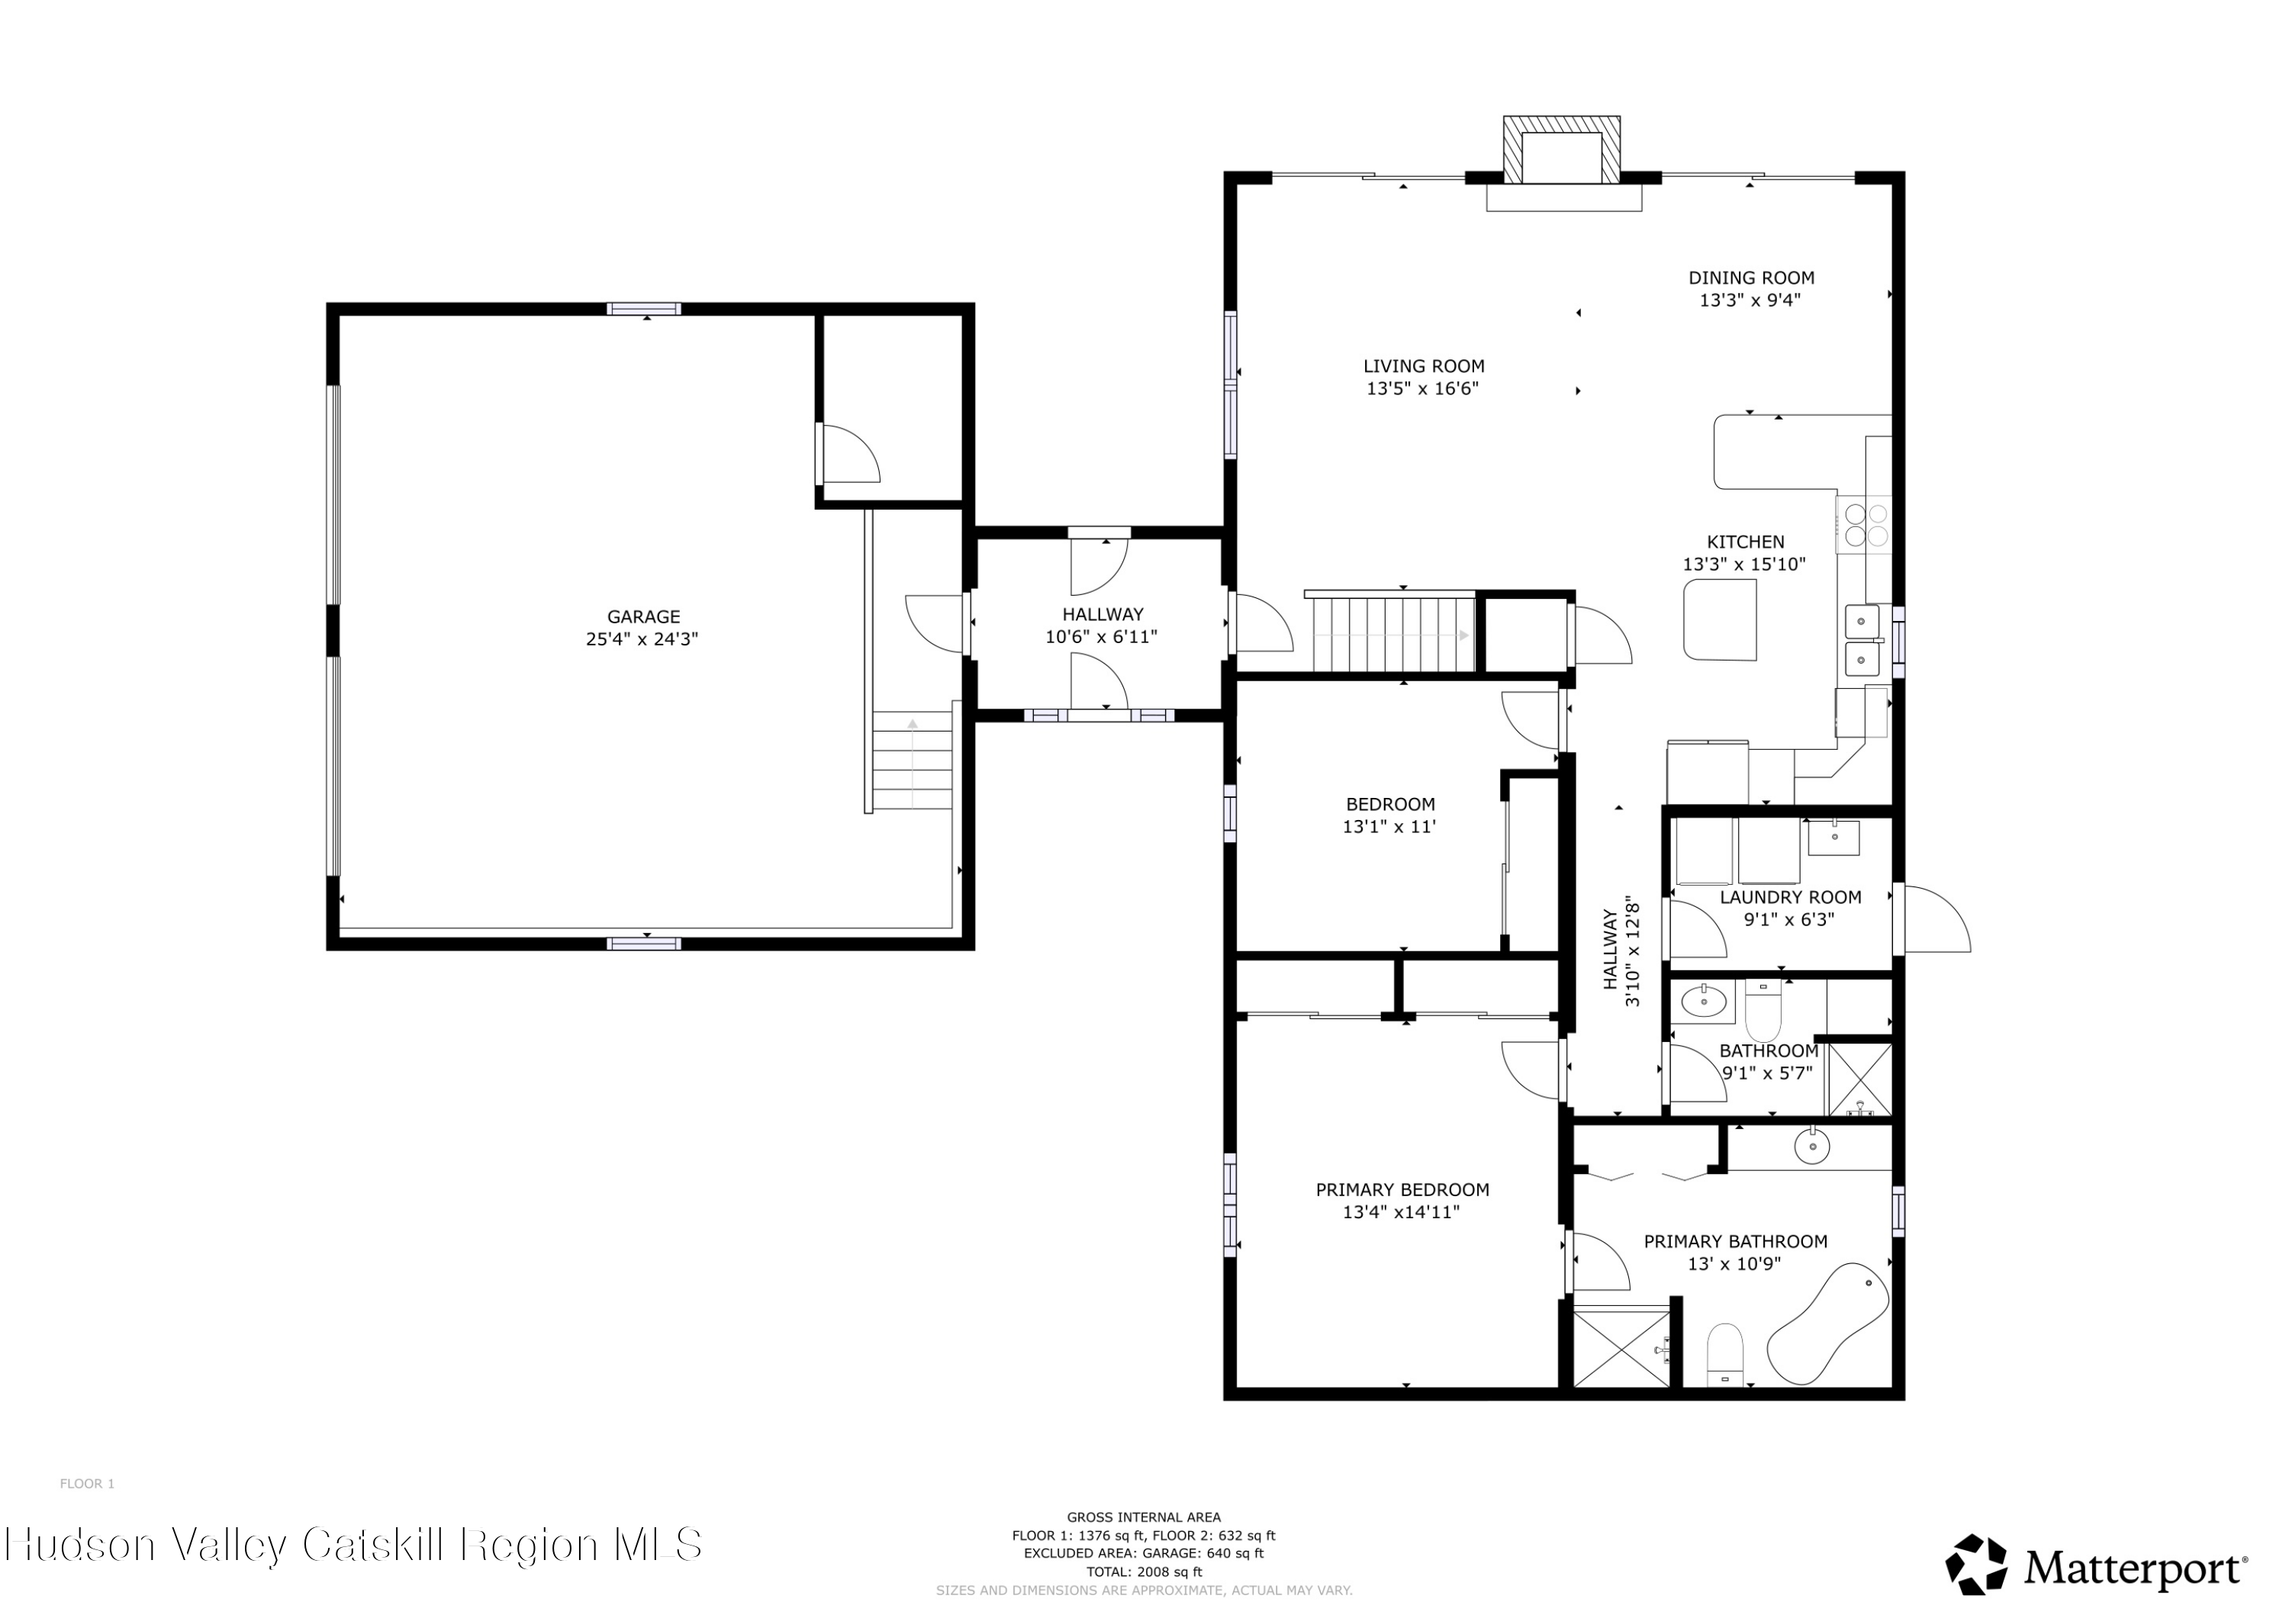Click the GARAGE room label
643,617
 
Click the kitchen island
1720,620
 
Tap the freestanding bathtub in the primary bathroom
1828,1324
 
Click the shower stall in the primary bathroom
1621,1348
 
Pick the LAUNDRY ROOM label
1791,897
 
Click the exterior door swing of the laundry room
1935,918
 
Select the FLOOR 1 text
87,1484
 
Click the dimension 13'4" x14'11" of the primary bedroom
1401,1212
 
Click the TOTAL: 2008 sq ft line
1144,1572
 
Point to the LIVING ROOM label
1424,366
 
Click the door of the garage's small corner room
848,454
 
